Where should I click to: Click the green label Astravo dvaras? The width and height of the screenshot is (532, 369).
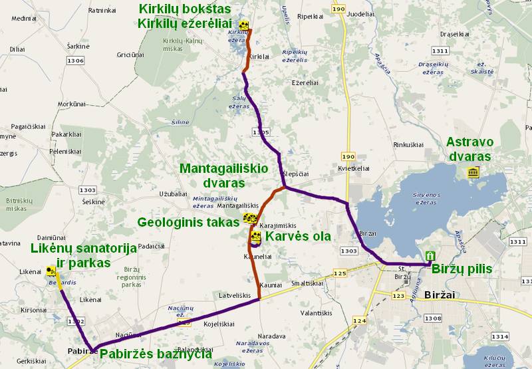(469, 149)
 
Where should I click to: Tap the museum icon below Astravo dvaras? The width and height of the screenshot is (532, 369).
(473, 173)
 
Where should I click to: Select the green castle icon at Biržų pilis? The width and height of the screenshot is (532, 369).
(430, 256)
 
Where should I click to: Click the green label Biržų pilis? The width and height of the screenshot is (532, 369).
(462, 269)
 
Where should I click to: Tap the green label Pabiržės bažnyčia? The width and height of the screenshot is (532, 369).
(156, 354)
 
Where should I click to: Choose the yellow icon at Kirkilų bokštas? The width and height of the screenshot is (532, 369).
(245, 26)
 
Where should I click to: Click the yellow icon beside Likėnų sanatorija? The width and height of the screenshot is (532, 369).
(51, 271)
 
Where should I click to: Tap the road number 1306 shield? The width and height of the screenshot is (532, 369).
(76, 61)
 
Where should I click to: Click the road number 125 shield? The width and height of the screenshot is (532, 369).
(340, 273)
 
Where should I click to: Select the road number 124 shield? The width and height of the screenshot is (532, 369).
(359, 320)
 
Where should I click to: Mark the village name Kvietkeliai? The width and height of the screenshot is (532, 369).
(353, 169)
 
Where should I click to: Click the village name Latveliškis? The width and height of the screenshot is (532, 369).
(233, 295)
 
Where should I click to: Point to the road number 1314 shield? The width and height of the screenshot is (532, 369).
(499, 336)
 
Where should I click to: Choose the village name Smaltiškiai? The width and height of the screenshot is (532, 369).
(306, 283)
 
